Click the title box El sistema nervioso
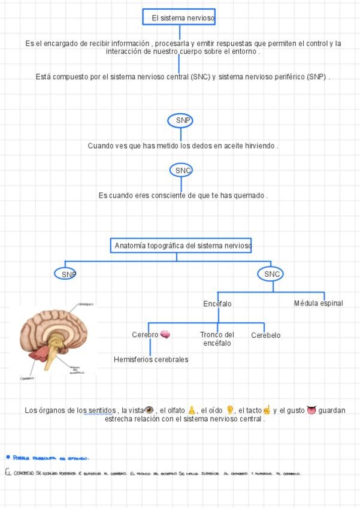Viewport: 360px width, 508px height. click(179, 17)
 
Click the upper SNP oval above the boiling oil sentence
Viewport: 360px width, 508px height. click(181, 120)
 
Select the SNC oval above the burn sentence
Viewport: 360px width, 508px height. click(181, 171)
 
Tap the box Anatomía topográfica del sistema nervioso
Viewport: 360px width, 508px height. click(181, 246)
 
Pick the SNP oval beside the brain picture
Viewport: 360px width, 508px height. click(66, 274)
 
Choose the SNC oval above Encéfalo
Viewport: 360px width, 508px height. click(271, 274)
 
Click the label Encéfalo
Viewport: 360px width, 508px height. click(217, 304)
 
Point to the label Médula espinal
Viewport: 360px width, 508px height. click(318, 303)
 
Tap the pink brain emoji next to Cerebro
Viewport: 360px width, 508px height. click(165, 335)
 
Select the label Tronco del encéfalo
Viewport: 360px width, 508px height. click(217, 339)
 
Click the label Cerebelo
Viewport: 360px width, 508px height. click(265, 335)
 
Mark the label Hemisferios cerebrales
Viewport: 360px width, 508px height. click(151, 359)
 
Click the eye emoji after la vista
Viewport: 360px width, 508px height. click(150, 410)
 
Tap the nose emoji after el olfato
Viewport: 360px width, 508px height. click(192, 410)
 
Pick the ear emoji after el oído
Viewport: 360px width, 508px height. click(229, 410)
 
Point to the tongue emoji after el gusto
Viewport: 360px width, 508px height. click(311, 410)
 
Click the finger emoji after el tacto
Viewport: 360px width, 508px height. click(267, 410)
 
